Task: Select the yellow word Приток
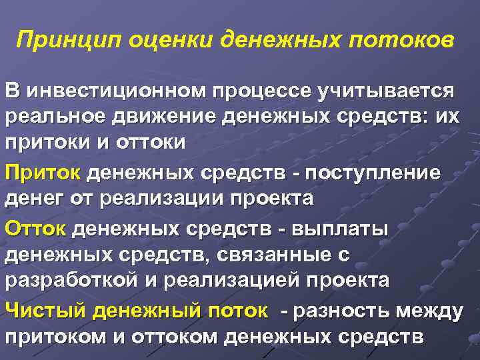tap(43, 173)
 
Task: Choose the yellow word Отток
tap(36, 229)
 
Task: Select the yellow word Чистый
tap(46, 311)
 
